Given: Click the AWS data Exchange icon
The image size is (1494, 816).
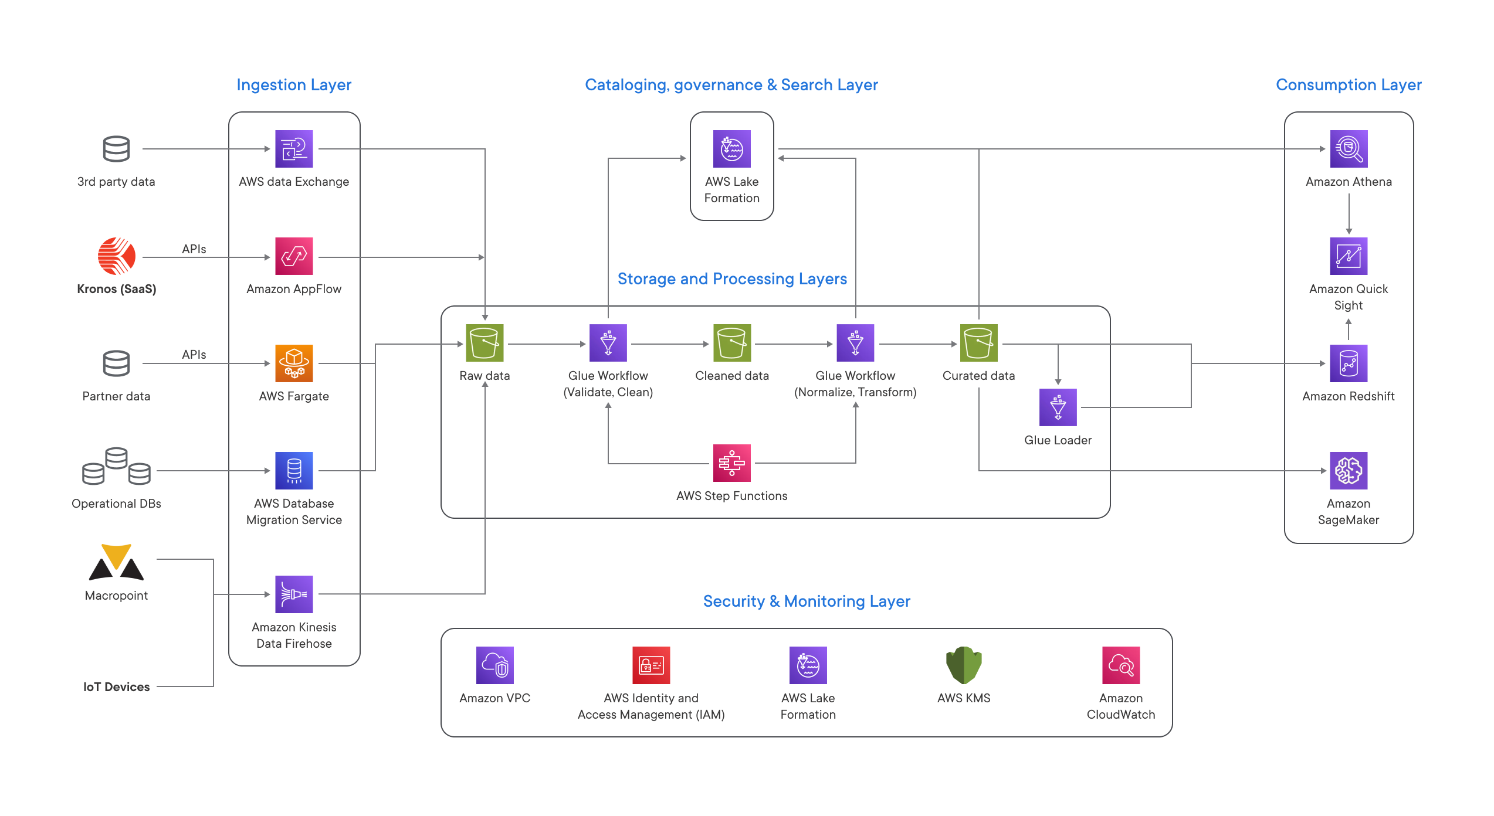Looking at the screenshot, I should pos(294,149).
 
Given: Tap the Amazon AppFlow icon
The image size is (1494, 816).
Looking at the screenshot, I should pos(294,256).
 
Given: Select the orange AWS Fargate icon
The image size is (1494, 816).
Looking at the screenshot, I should pos(294,363).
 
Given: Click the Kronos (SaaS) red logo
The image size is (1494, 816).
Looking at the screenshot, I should pos(116,256).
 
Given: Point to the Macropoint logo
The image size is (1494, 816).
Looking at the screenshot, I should pos(116,563).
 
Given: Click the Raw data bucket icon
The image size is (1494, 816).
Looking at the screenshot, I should pos(485,343).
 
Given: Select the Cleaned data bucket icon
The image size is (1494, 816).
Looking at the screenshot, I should pos(731,343).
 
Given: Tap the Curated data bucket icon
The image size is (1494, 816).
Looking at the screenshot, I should pos(978,343).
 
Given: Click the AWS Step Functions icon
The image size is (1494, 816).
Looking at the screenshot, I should pos(731,463).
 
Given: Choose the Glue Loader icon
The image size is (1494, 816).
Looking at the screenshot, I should pos(1058,407).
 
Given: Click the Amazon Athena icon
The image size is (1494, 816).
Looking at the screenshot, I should pos(1349,149).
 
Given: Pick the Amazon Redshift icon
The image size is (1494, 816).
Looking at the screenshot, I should pos(1349,363).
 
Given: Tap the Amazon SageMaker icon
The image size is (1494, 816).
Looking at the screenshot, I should pos(1349,471).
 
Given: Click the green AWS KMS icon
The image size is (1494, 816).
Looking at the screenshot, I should pos(964,665).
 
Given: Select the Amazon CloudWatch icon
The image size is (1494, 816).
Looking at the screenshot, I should pos(1121,665).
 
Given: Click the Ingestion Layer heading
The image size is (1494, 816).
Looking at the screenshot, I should pos(294,85).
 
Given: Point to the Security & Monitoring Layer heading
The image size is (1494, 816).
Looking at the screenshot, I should pos(807,601).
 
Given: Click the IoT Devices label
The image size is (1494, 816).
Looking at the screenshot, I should pos(116,687).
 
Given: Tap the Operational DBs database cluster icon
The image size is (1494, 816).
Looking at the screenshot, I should pos(116,467).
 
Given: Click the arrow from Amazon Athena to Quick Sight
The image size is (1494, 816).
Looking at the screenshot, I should pos(1349,214).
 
